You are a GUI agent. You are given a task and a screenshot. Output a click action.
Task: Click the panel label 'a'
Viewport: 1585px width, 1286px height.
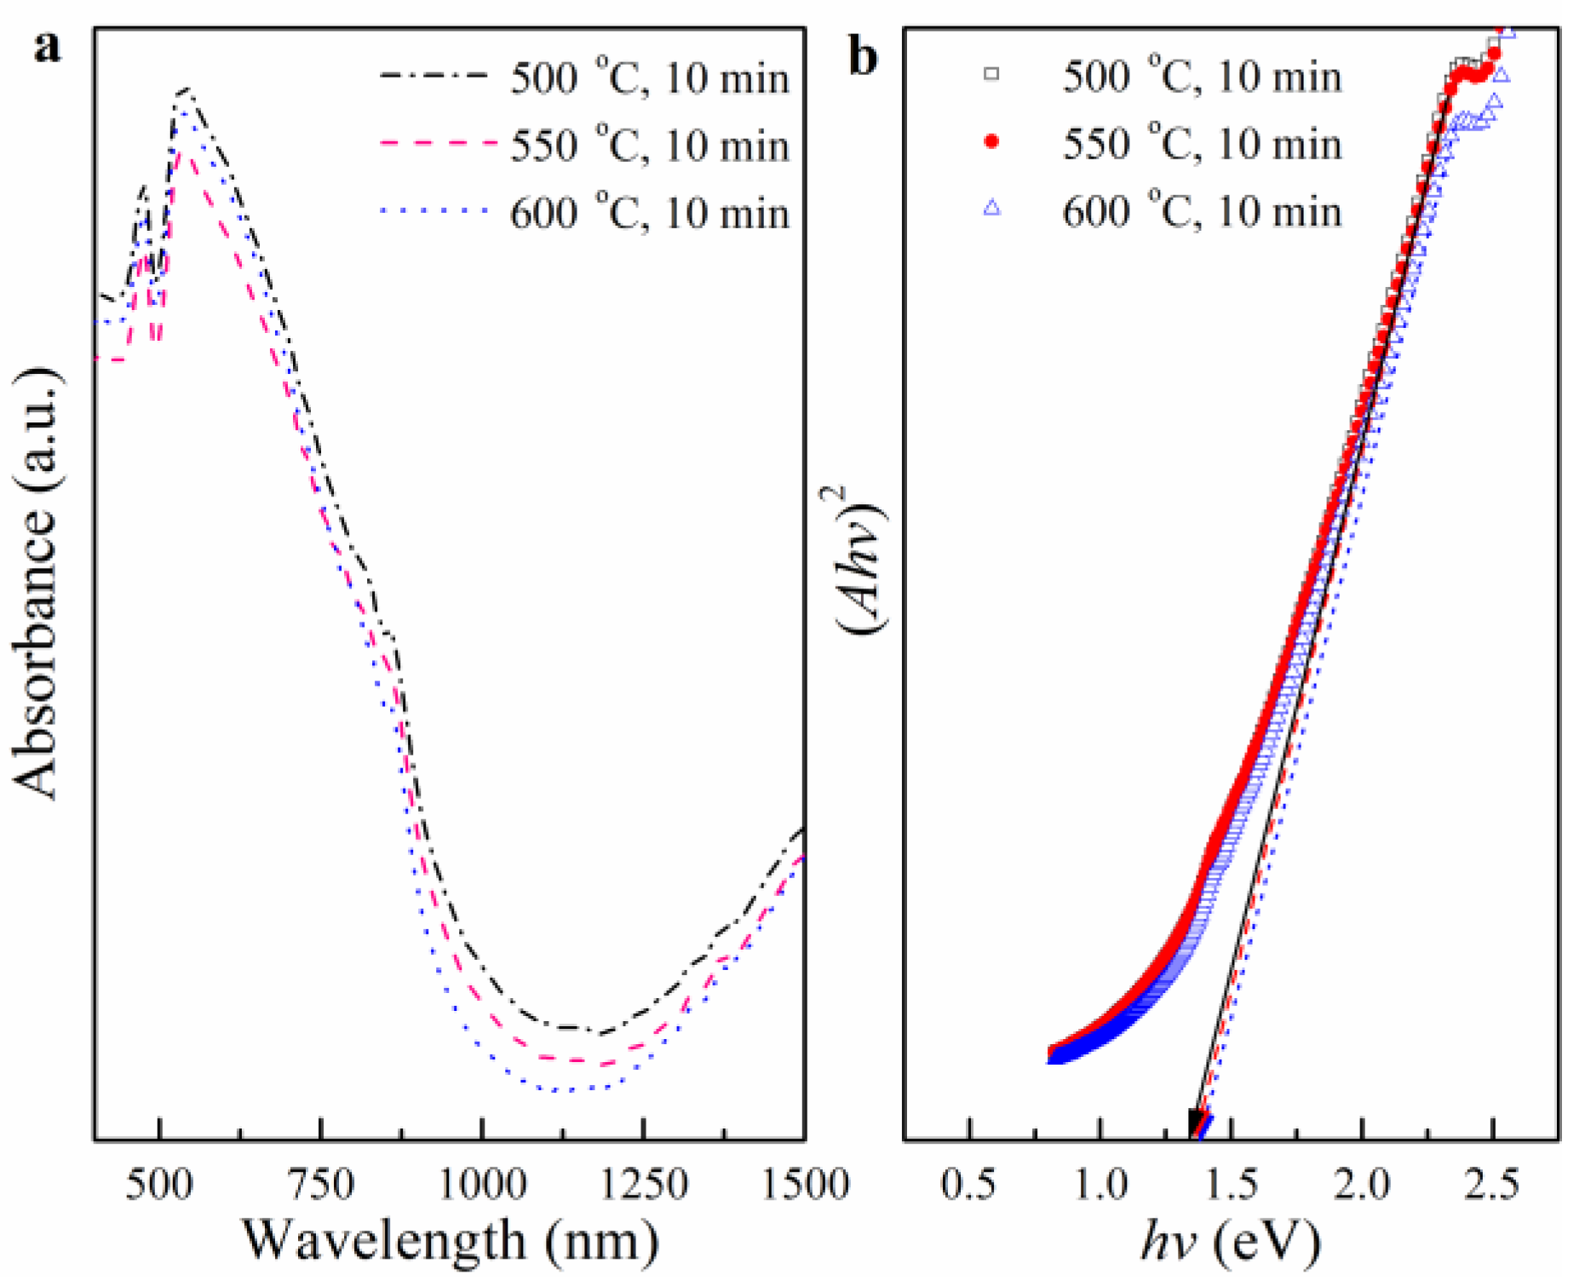coord(48,47)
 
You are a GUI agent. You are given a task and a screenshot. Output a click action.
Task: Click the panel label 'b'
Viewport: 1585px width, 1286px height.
coord(863,58)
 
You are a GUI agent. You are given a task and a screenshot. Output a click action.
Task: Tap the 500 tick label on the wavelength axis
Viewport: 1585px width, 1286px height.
coord(159,1185)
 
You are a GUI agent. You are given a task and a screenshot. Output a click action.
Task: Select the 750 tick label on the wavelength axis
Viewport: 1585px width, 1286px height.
coord(321,1185)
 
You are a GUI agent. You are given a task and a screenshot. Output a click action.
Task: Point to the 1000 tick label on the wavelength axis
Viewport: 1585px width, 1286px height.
coord(482,1185)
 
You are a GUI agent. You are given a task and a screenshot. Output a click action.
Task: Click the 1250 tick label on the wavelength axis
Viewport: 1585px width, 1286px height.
coord(643,1185)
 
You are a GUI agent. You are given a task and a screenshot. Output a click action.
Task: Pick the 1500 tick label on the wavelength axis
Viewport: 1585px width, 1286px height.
coord(803,1185)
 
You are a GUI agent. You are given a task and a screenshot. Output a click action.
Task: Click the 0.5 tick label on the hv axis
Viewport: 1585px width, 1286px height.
coord(969,1185)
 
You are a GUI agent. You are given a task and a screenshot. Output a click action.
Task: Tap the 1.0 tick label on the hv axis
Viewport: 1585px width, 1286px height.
coord(1100,1185)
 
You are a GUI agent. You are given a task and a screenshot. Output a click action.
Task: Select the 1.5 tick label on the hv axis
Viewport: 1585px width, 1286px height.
coord(1232,1185)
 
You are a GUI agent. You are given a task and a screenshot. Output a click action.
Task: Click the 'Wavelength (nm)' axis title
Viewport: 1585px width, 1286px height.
coord(451,1241)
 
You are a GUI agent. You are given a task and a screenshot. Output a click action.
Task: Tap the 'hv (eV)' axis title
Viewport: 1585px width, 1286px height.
coord(1230,1243)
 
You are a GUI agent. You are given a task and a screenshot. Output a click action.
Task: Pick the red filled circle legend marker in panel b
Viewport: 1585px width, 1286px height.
coord(991,141)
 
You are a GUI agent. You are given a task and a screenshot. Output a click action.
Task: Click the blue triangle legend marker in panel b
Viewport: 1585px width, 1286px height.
coord(991,208)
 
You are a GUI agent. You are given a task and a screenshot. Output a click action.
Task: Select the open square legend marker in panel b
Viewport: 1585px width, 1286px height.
coord(991,75)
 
